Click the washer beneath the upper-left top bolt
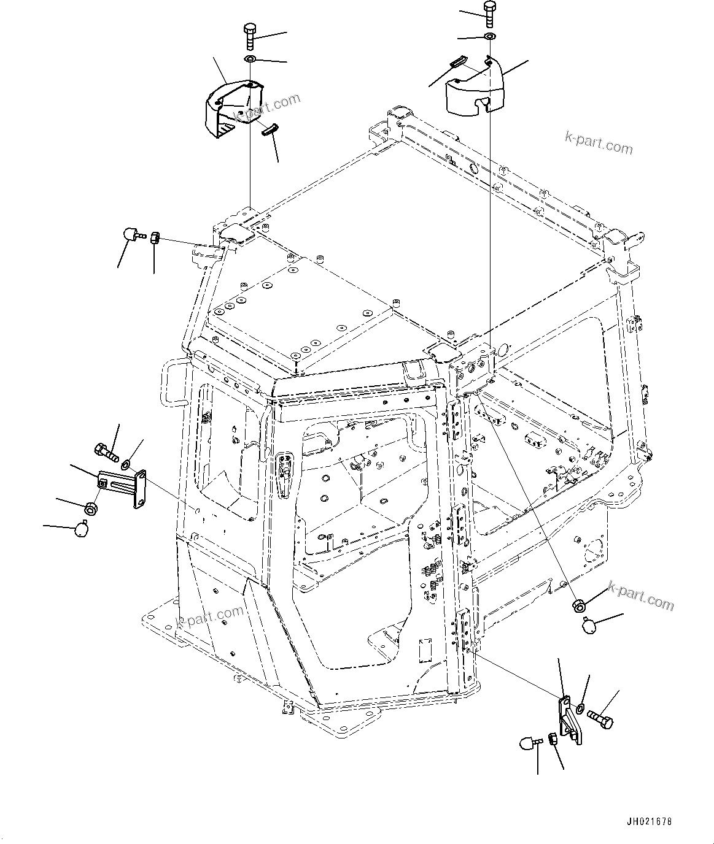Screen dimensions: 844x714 [250, 59]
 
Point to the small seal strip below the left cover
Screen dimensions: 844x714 [271, 130]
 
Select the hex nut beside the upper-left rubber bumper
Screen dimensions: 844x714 [155, 237]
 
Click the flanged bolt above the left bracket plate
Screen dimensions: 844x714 [106, 454]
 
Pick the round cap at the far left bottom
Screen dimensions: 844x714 [81, 529]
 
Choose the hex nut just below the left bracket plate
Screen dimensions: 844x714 [91, 508]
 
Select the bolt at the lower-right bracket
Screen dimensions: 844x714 [600, 719]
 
